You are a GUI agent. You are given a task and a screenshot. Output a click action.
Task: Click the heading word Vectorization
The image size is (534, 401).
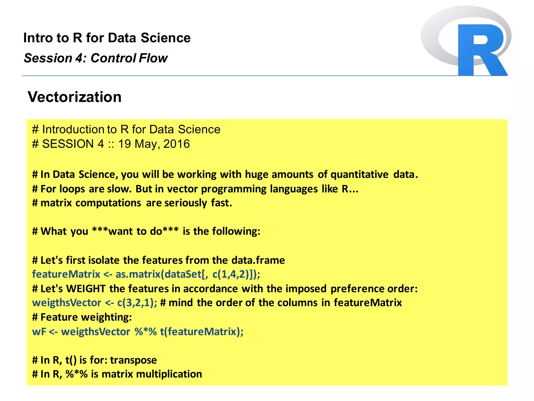[x=75, y=97]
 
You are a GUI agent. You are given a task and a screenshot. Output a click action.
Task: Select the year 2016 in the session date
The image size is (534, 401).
[x=177, y=144]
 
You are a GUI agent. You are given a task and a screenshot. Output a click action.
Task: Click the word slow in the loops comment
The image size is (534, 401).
[x=119, y=189]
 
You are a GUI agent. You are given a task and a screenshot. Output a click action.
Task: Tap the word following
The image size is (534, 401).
[x=236, y=231]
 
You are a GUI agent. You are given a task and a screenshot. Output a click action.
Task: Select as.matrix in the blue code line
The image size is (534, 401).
[x=138, y=274]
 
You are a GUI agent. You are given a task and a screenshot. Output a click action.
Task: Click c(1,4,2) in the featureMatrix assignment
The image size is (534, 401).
[x=230, y=274]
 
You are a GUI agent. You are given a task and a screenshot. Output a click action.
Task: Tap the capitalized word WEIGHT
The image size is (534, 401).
[x=86, y=288]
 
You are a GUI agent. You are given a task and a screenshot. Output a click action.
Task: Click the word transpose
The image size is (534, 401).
[x=133, y=360]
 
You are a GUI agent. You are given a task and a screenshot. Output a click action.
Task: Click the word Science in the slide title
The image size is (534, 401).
[x=166, y=38]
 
